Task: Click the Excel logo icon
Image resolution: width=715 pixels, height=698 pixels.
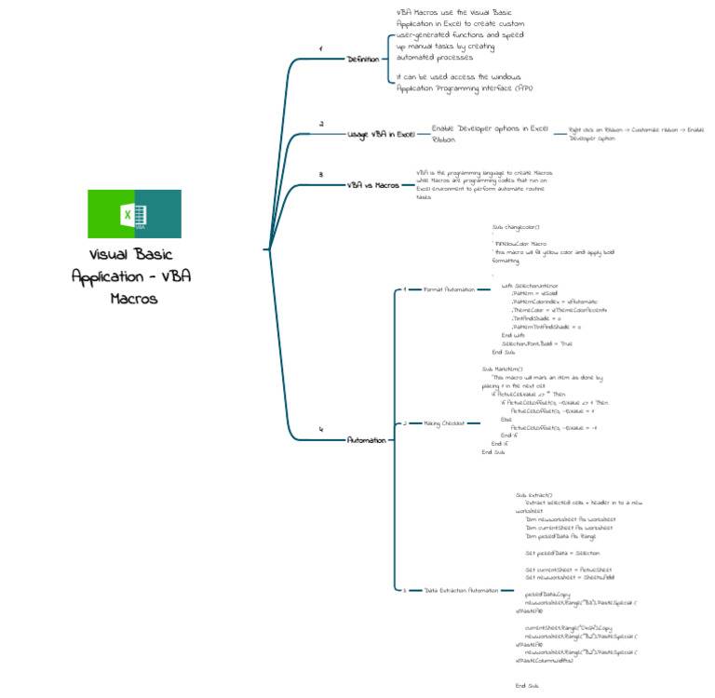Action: (134, 214)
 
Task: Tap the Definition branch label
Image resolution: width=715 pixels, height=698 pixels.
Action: (363, 59)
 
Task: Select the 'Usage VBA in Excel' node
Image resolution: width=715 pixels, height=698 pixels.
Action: (382, 134)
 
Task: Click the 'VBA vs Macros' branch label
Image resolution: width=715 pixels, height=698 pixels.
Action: (372, 184)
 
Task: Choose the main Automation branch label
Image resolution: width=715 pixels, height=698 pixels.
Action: (366, 439)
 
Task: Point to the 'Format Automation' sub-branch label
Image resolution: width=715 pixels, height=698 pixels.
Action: (449, 289)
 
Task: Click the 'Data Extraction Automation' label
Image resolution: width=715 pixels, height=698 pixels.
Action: (462, 590)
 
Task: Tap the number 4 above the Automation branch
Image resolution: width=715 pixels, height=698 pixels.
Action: (321, 429)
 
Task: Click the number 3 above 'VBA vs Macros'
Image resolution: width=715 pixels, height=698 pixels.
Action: (321, 174)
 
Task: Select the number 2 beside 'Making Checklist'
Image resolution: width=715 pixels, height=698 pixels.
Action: (404, 423)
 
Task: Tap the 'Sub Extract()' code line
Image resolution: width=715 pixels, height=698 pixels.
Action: (534, 494)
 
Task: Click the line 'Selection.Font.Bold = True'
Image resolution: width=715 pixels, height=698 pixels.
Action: (539, 343)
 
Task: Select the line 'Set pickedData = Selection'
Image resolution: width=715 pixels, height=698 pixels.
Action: (556, 552)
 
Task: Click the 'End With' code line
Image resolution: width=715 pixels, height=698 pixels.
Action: (514, 335)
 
